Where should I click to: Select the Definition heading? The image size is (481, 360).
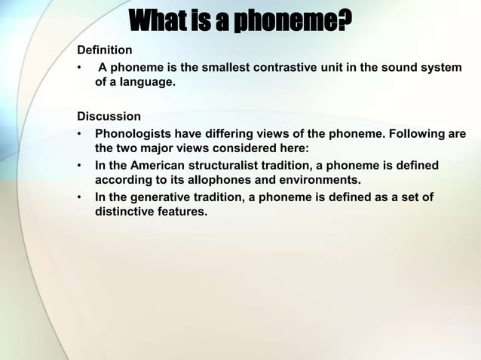click(105, 50)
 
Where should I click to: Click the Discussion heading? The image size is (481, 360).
click(109, 117)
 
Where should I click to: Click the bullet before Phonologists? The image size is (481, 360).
click(79, 135)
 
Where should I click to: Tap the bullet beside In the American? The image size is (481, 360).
click(79, 166)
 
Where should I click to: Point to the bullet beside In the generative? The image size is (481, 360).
click(79, 198)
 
